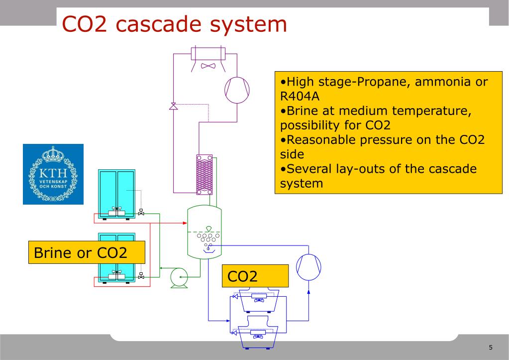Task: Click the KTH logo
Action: (x=53, y=174)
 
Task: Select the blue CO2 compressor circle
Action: (x=308, y=267)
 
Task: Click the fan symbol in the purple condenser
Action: (x=207, y=65)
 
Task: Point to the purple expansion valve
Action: (x=173, y=106)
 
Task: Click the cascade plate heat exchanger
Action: (x=204, y=174)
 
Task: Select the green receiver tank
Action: (x=204, y=231)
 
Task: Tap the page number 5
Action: (x=491, y=347)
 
